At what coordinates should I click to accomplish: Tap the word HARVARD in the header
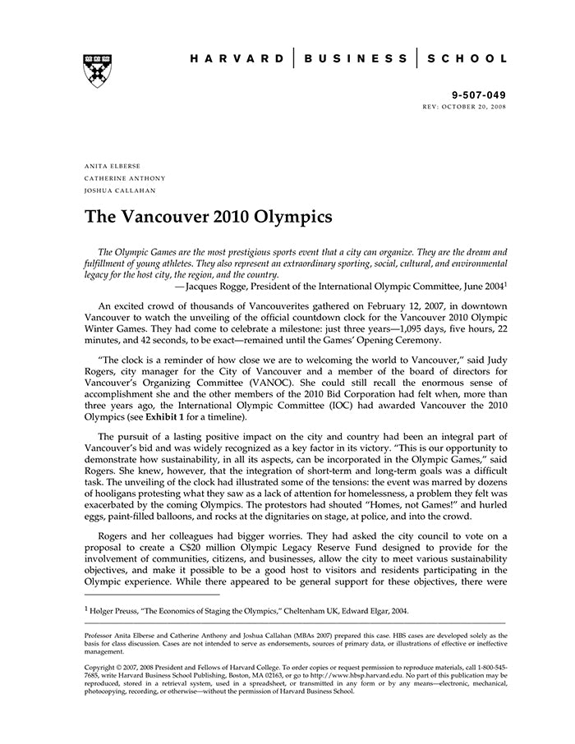point(237,59)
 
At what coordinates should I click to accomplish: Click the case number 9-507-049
point(480,95)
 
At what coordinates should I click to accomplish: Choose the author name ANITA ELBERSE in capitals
point(113,166)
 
